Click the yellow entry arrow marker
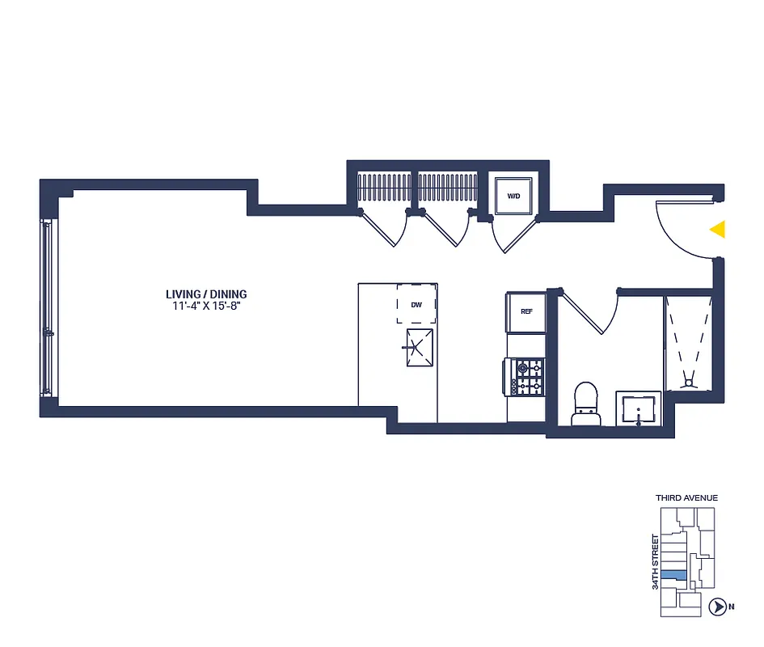coord(717,230)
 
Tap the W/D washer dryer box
coord(513,196)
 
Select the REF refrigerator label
coord(526,311)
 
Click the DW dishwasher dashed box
coord(416,304)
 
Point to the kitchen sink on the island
coord(418,349)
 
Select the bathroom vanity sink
coord(639,409)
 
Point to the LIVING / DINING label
coord(206,294)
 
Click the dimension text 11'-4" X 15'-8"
coord(206,306)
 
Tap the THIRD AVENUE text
coord(686,498)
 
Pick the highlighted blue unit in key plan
coord(673,575)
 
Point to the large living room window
coord(48,307)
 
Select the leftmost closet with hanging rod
coord(384,189)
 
